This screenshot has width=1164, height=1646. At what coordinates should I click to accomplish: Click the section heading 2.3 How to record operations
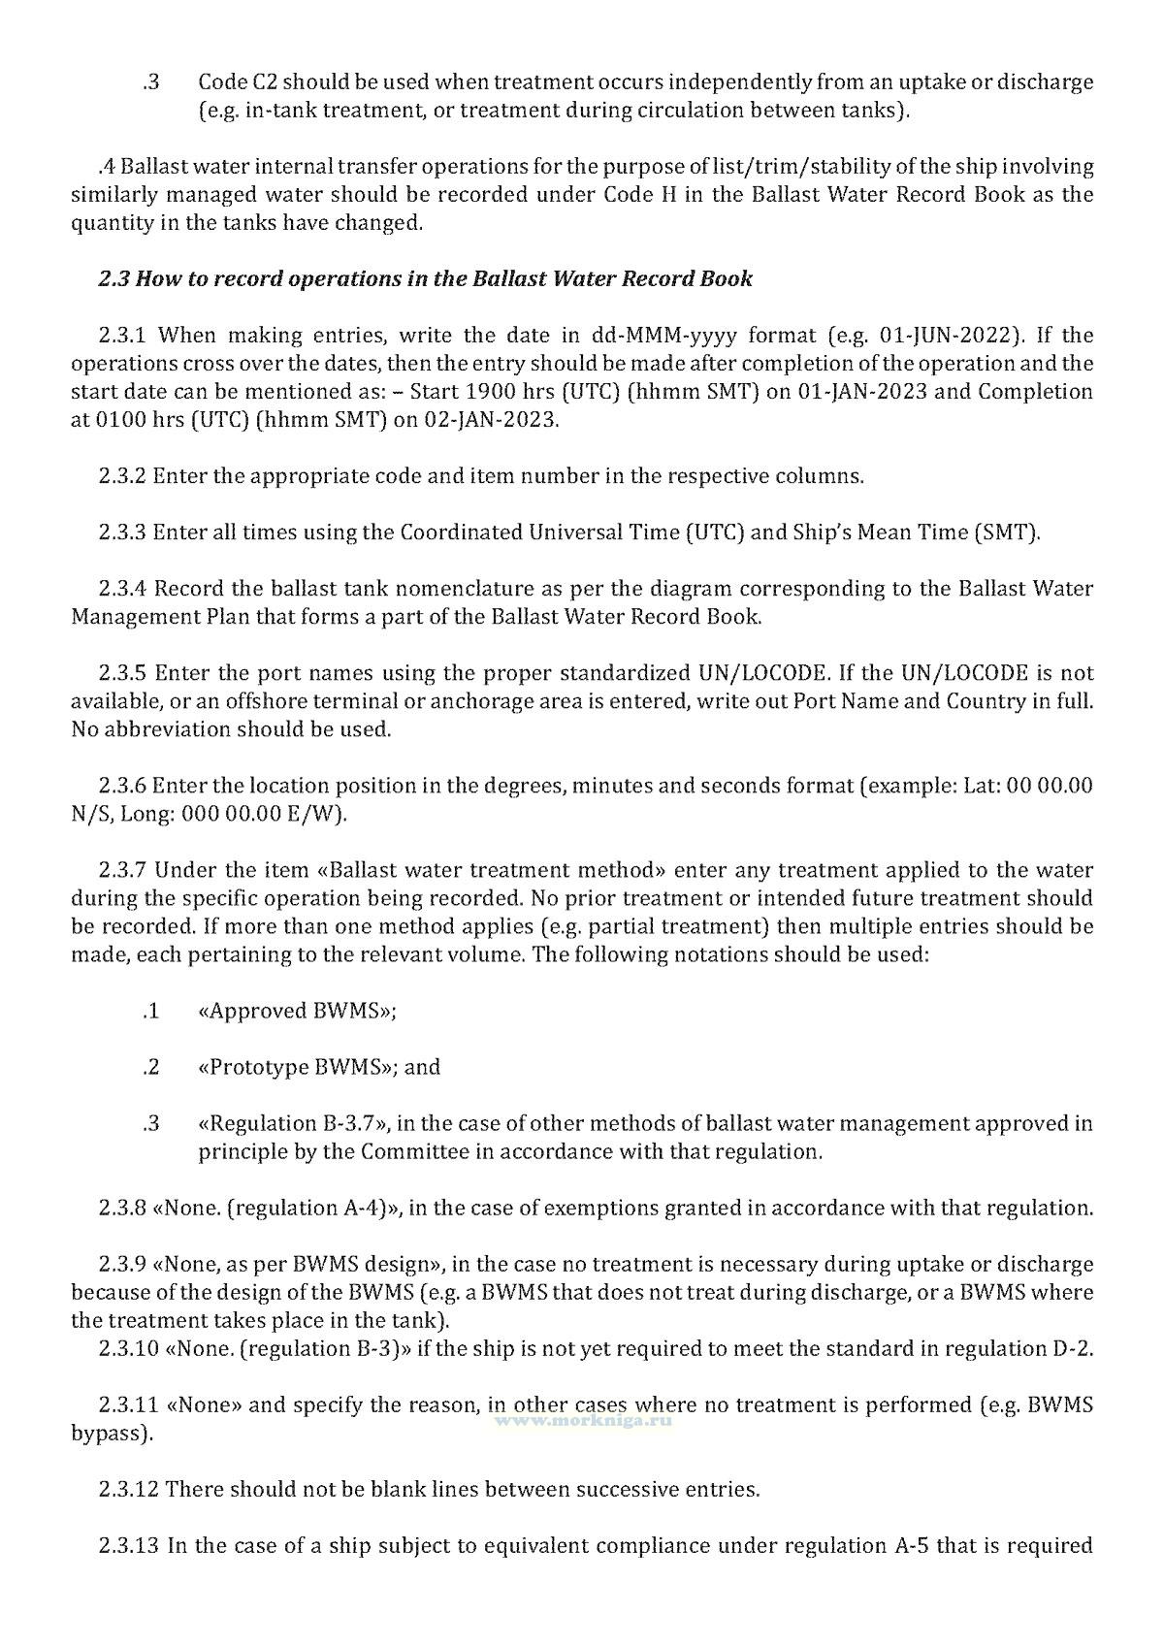coord(425,279)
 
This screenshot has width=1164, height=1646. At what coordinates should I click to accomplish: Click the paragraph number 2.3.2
coord(122,476)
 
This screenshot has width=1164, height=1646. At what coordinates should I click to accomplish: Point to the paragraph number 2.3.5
coord(122,673)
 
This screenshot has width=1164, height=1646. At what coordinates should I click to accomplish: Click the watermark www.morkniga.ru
coord(584,1418)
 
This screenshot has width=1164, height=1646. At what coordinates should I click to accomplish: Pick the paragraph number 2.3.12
coord(128,1488)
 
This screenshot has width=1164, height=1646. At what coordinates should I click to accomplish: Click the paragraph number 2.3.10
coord(128,1348)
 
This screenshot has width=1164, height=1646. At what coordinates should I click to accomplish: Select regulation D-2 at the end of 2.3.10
coord(1071,1348)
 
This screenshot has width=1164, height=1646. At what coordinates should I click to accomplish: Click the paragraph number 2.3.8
coord(122,1208)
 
